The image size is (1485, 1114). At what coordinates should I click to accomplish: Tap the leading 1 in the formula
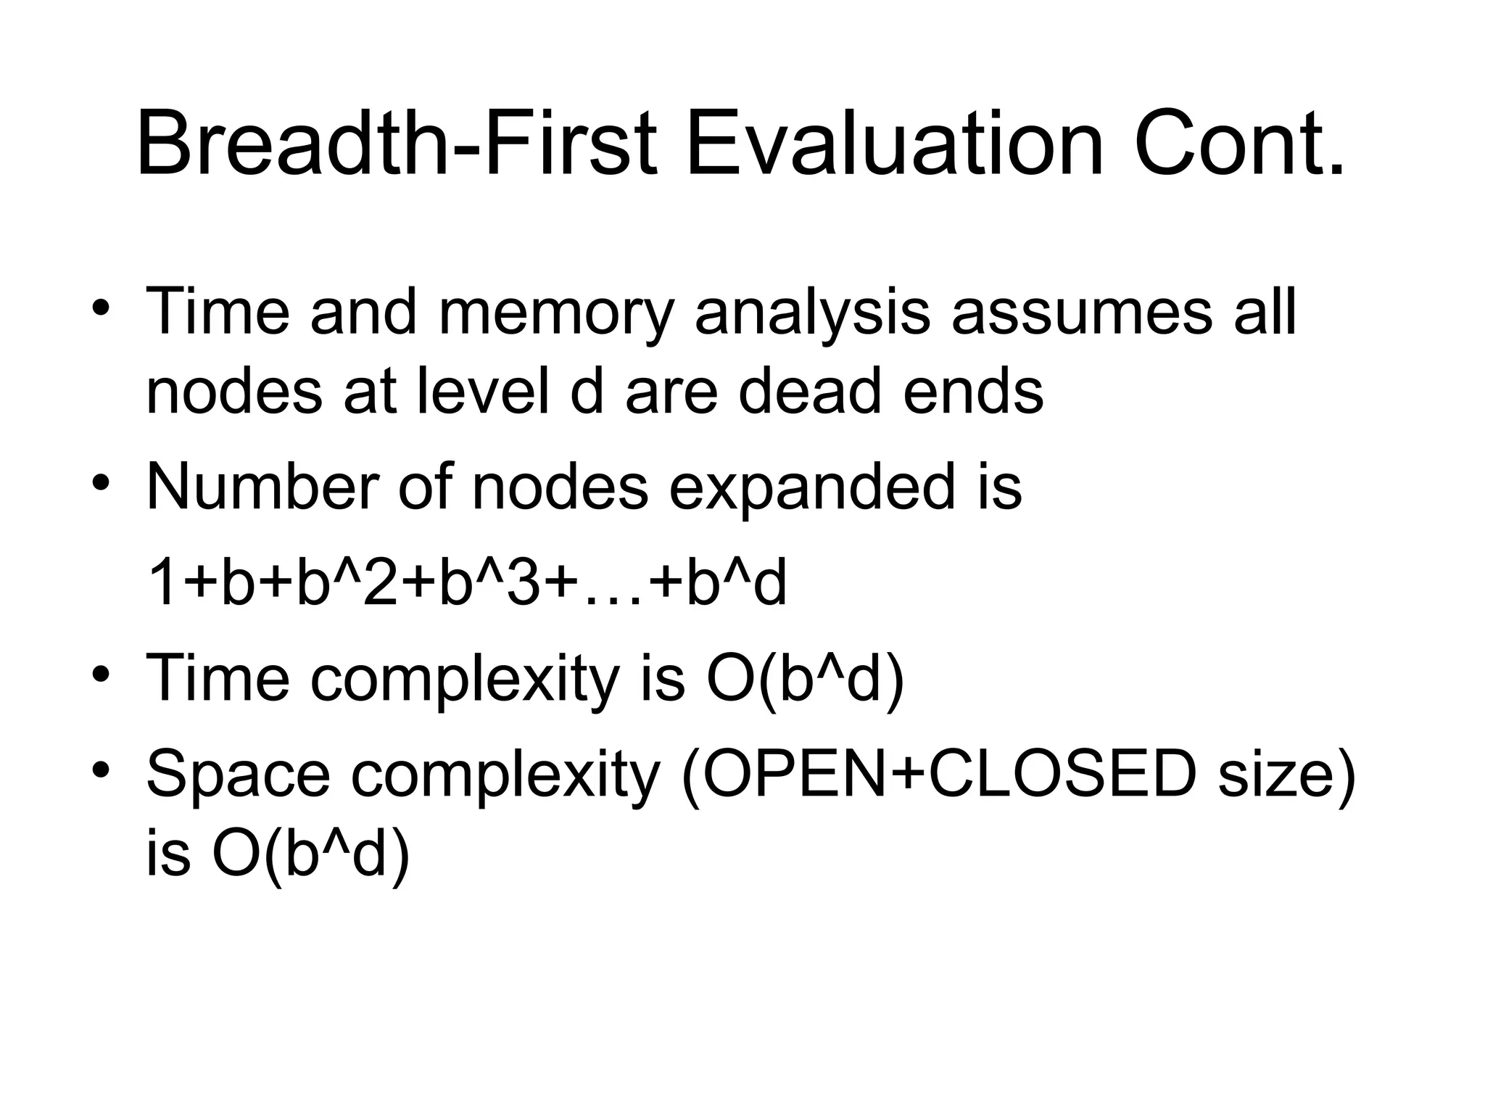pyautogui.click(x=160, y=584)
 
